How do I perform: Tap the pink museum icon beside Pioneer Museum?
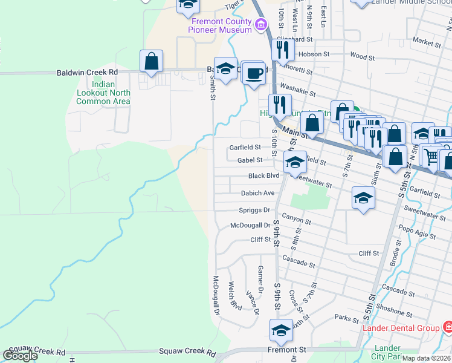260,25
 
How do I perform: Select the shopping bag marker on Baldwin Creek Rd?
151,62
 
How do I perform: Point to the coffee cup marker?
254,73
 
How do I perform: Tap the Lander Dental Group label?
401,329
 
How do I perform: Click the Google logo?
20,356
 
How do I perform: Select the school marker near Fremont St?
280,331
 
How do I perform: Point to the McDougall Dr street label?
250,225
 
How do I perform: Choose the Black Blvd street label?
264,176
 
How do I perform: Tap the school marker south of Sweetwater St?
363,198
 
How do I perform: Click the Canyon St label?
296,221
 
